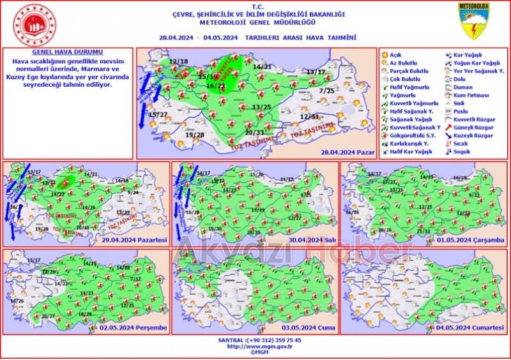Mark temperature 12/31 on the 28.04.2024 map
point(309,117)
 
